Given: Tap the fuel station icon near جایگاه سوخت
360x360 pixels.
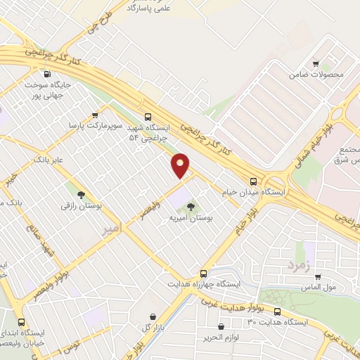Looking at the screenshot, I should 47,75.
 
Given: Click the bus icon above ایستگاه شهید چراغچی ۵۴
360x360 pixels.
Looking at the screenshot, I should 147,117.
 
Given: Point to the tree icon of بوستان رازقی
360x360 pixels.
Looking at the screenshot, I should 82,194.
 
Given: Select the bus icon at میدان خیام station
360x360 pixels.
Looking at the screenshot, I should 253,180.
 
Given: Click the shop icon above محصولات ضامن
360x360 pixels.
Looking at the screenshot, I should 316,63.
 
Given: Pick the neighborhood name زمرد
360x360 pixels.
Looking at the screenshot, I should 297,265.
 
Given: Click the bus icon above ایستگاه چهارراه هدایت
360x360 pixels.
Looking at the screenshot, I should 203,273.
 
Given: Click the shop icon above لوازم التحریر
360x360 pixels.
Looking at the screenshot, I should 221,326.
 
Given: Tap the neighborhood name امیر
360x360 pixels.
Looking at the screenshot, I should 111,229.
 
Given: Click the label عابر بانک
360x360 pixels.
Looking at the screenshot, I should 48,160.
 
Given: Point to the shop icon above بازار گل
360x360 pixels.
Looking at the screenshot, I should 153,317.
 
